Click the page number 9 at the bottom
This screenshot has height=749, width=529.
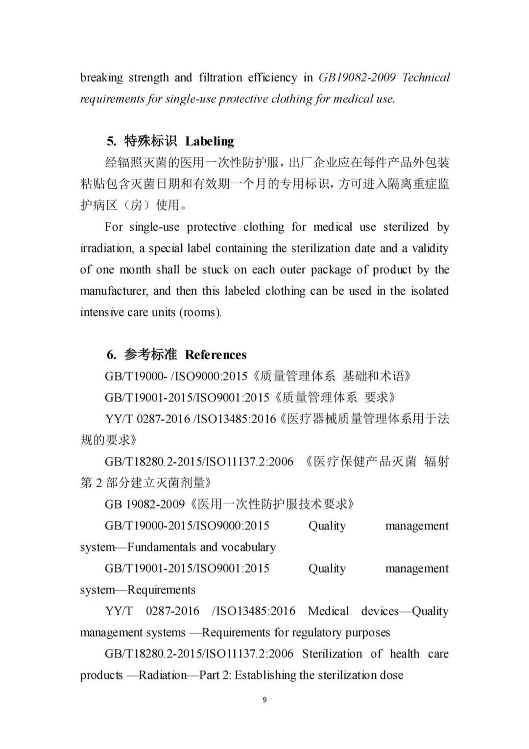pyautogui.click(x=265, y=699)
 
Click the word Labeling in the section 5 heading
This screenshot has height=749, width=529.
pyautogui.click(x=209, y=141)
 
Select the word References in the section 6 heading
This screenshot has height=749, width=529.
pyautogui.click(x=216, y=354)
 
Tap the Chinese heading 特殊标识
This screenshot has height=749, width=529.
pyautogui.click(x=150, y=141)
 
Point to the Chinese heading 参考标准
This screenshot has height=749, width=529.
pyautogui.click(x=150, y=354)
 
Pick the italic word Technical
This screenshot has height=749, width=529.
pyautogui.click(x=426, y=77)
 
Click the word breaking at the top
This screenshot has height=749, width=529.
pyautogui.click(x=101, y=77)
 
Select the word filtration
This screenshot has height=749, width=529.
pyautogui.click(x=220, y=77)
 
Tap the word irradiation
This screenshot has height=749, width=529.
pyautogui.click(x=106, y=248)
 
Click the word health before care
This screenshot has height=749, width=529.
pyautogui.click(x=405, y=654)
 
